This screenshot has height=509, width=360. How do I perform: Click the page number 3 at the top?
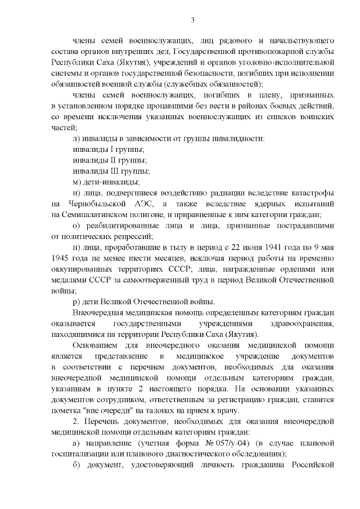[x=192, y=21]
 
